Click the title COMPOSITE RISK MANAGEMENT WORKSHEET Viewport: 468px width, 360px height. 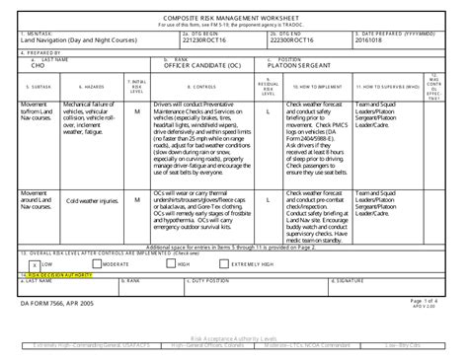pos(233,17)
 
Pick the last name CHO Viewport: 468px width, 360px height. pos(39,67)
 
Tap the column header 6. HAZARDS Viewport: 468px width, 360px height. pos(86,86)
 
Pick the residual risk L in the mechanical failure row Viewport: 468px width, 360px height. pos(268,112)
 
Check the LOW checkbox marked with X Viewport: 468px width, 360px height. pos(35,264)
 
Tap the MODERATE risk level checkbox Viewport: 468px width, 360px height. pos(98,264)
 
